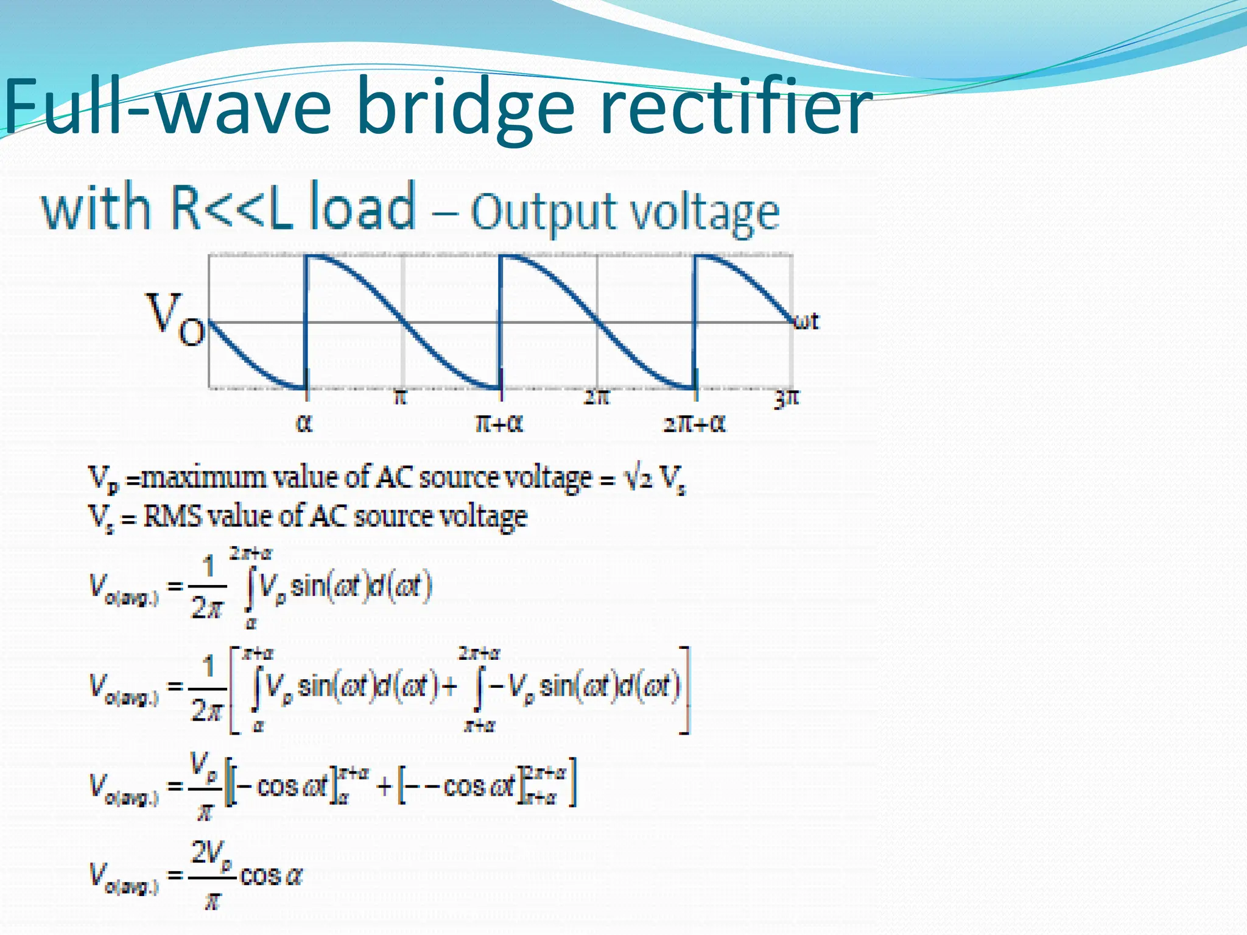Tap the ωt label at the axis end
(807, 321)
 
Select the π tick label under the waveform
(399, 397)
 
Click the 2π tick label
(596, 397)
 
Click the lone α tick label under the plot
(304, 423)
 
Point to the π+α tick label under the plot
(499, 423)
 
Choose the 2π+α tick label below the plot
(694, 423)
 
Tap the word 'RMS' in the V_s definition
(172, 517)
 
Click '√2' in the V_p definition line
(639, 479)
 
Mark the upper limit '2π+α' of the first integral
(251, 553)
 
